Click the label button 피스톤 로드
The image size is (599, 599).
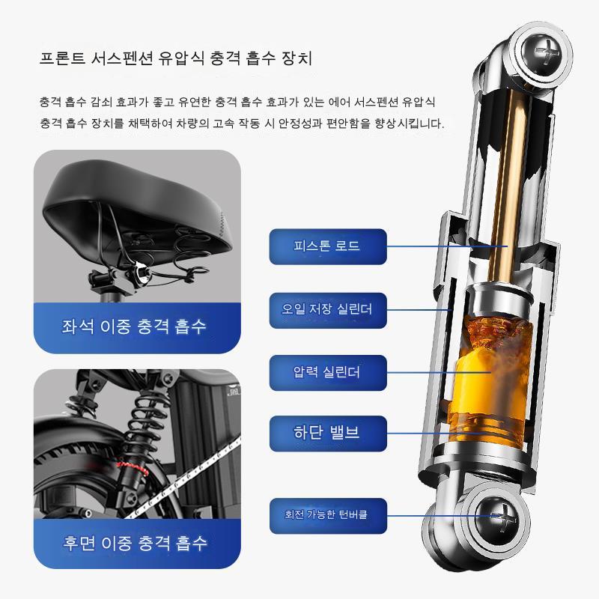pos(328,246)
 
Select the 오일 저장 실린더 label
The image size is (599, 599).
pos(328,310)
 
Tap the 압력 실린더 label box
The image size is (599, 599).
pos(328,372)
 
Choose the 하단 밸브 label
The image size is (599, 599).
pos(328,434)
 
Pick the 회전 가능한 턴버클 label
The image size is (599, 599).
pos(328,516)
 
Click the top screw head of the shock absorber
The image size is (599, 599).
pos(541,52)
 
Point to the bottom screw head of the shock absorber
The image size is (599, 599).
pos(497,517)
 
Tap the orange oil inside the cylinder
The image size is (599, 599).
pos(490,382)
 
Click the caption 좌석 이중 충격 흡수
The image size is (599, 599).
pos(134,326)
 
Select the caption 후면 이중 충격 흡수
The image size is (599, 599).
pos(135,542)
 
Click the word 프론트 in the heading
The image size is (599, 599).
pos(63,58)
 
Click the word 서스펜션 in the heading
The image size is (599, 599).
pos(122,58)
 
